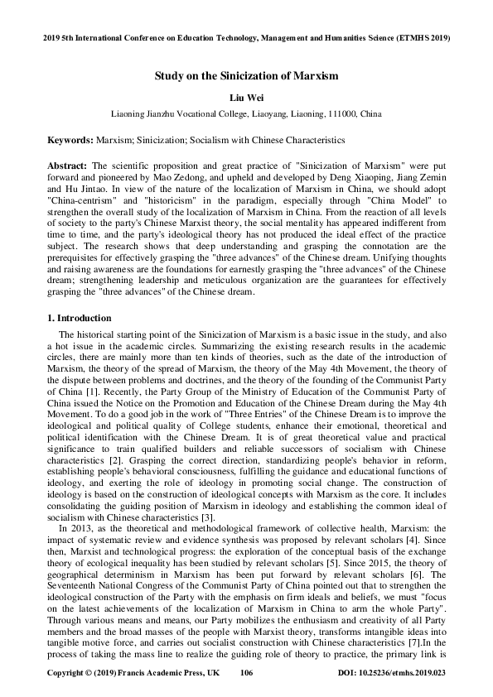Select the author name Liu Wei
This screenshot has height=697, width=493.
point(246,96)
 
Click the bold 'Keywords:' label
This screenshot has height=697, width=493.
point(70,142)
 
